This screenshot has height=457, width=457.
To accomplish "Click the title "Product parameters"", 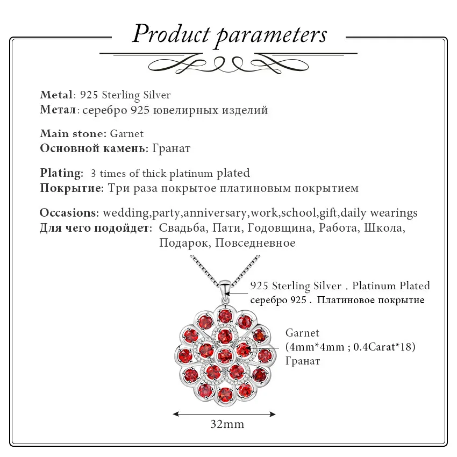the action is tap(230, 34).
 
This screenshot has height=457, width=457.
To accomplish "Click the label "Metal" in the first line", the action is tap(56, 95).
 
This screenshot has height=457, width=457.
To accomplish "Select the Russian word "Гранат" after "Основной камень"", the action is tap(171, 148).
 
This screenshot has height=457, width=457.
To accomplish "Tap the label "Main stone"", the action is tap(72, 133).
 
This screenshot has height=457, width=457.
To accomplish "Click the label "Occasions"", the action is tap(69, 213).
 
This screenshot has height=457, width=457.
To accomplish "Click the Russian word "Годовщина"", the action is tap(280, 228).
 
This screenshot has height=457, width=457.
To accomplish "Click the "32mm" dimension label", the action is tap(227, 424).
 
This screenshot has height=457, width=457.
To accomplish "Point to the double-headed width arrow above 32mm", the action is tap(224, 414).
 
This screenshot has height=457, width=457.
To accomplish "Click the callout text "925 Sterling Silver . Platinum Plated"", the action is tap(340, 286).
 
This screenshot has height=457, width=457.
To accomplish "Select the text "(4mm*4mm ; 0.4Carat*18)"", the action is tap(351, 347).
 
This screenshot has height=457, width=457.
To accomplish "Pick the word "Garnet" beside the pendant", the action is tap(302, 333).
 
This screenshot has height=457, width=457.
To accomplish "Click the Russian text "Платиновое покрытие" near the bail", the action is tap(370, 300).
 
